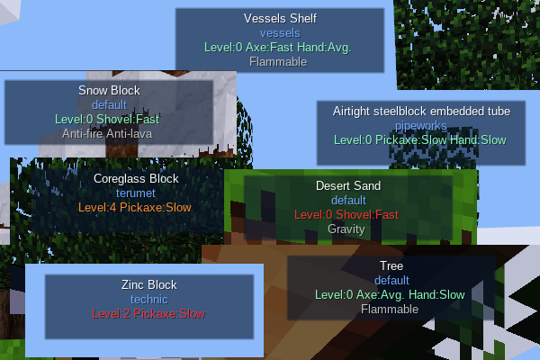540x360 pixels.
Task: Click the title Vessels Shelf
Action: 279,18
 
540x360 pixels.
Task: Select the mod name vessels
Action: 279,32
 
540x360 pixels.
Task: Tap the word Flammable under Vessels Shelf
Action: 279,61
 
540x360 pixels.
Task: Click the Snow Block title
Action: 109,90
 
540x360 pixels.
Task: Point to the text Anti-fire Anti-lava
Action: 109,133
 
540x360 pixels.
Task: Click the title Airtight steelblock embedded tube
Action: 420,111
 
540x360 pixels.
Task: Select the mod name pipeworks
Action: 420,125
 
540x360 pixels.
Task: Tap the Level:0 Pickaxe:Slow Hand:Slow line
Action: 420,139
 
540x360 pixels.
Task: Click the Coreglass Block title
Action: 136,178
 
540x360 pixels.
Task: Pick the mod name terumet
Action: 136,193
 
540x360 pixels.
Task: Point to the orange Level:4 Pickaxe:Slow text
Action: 136,207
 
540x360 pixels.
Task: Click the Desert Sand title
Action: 347,185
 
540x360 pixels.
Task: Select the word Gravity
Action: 347,229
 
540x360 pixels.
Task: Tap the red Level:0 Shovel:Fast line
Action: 347,214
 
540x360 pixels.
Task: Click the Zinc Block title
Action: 148,284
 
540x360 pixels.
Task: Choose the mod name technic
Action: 148,299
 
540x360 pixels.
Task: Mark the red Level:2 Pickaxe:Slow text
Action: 148,313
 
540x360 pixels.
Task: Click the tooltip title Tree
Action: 391,266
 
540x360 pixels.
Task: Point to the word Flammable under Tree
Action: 391,309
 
